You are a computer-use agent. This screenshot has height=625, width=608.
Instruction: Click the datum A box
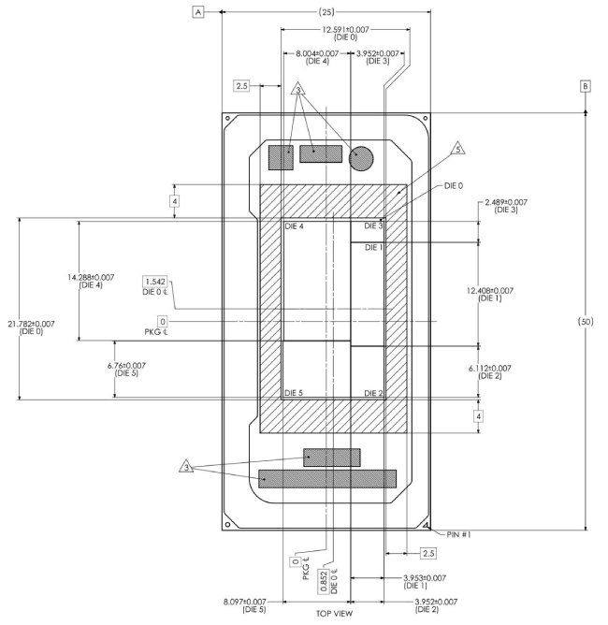click(x=198, y=12)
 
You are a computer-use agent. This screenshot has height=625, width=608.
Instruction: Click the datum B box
click(x=585, y=86)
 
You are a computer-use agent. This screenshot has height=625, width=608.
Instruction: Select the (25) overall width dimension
click(x=326, y=12)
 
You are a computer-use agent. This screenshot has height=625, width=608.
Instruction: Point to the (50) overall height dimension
click(x=586, y=321)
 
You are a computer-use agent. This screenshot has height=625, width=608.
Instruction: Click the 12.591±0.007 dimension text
click(x=345, y=30)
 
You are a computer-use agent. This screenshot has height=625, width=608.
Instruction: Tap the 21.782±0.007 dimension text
click(x=31, y=324)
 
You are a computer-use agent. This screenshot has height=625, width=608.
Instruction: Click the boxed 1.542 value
click(x=155, y=282)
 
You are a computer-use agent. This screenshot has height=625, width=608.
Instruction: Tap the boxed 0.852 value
click(x=324, y=582)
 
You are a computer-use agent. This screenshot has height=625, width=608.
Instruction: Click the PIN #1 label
click(x=458, y=534)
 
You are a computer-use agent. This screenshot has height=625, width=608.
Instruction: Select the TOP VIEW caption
click(x=334, y=614)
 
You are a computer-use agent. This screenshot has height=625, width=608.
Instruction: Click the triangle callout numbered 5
click(x=458, y=149)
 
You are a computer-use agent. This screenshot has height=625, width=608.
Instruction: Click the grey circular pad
click(x=361, y=158)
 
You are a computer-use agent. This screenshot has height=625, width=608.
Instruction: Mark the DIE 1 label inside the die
click(x=374, y=248)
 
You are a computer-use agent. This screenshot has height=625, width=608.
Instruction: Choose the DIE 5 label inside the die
click(x=294, y=393)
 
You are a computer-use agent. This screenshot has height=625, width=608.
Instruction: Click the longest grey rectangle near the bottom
click(x=327, y=479)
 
